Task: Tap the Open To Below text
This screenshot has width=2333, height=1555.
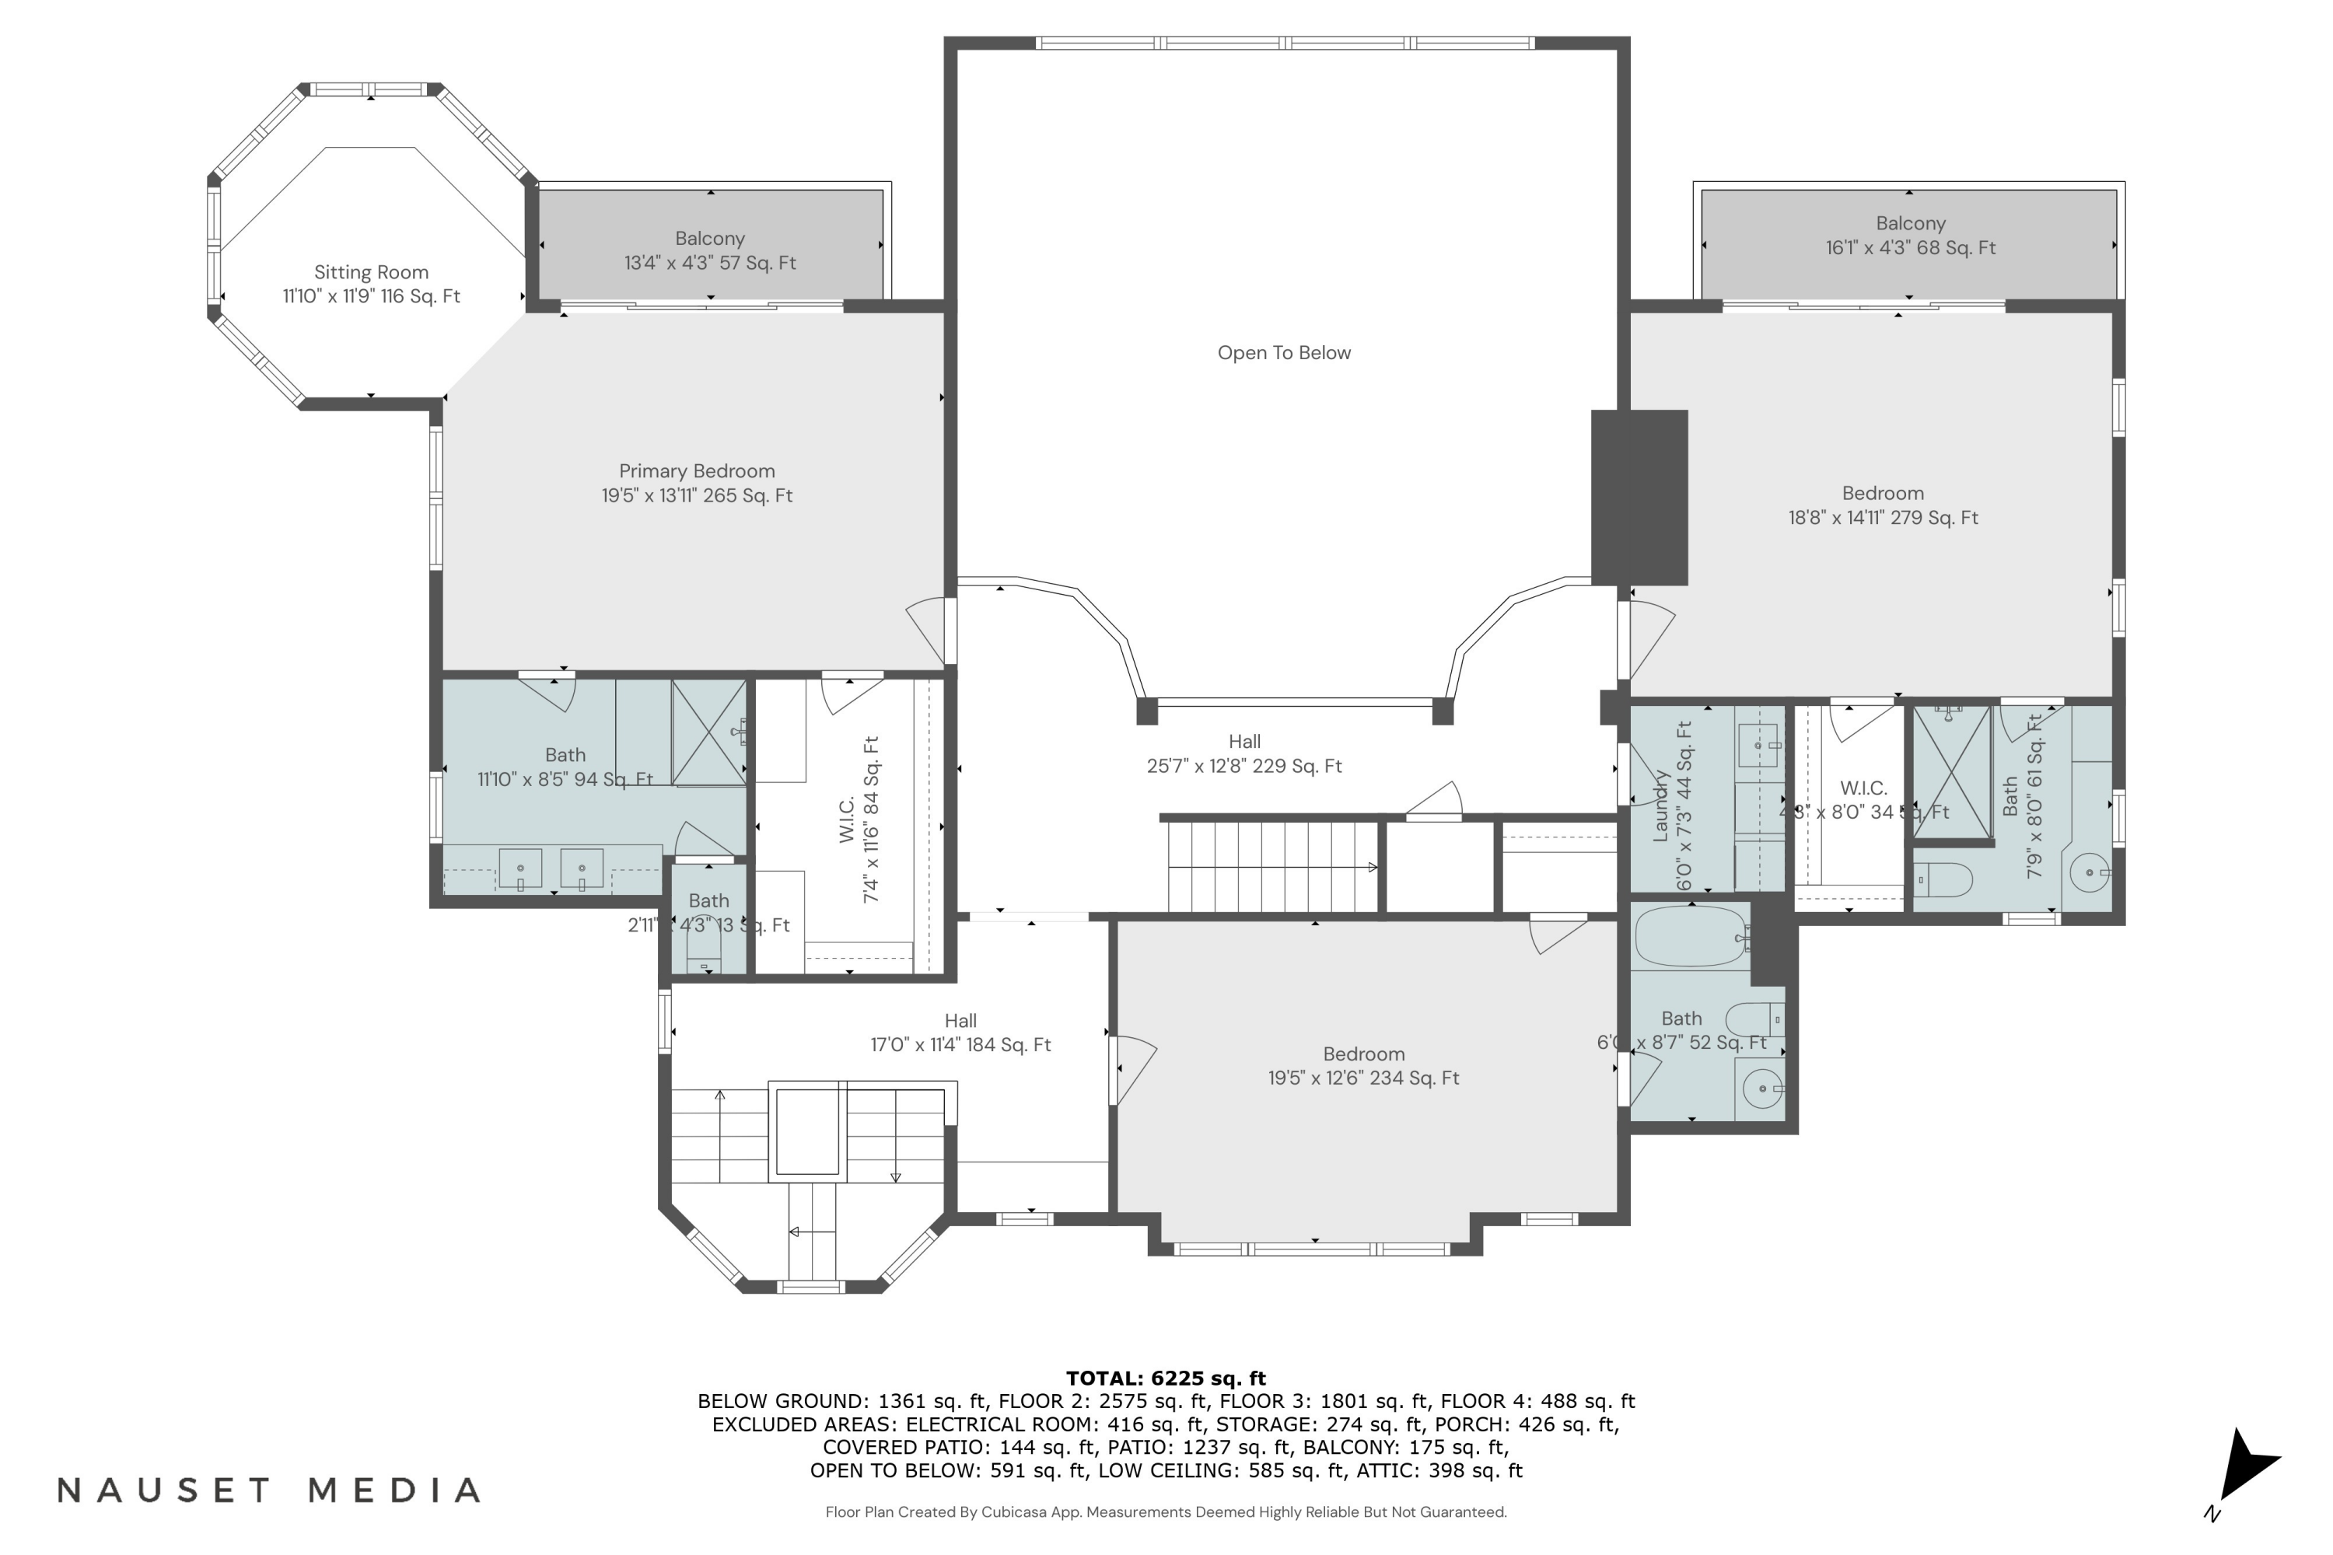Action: tap(1284, 353)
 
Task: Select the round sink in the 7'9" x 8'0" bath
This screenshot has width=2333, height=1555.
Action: tap(2089, 872)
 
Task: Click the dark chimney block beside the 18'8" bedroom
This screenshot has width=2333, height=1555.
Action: tap(1639, 497)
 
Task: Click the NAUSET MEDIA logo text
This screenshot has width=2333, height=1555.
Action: tap(269, 1490)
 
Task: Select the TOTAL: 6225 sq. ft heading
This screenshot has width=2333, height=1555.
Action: tap(1166, 1378)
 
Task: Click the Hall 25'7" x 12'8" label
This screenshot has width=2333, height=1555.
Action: tap(1243, 753)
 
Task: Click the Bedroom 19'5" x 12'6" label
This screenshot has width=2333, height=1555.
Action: tap(1363, 1066)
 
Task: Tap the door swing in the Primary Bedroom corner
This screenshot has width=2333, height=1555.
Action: tap(928, 630)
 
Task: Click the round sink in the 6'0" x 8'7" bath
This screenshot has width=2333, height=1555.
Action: tap(1761, 1089)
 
